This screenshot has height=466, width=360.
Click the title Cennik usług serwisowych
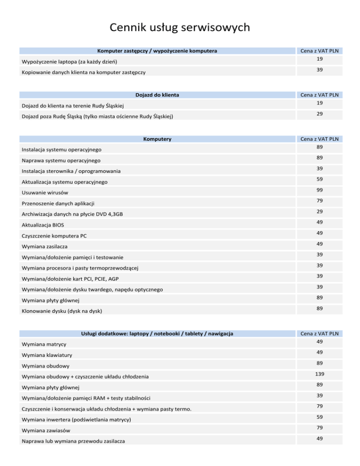[x=180, y=28]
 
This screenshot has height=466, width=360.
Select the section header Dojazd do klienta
[x=157, y=95]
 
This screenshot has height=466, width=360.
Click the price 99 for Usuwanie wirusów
[x=318, y=190]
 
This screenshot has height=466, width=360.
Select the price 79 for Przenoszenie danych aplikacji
[x=318, y=201]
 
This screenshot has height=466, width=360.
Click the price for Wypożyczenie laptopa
[x=318, y=59]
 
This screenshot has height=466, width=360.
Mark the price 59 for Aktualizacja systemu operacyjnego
[x=318, y=179]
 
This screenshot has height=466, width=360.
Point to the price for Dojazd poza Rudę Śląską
[x=318, y=114]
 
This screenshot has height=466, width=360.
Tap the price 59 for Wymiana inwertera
[x=318, y=416]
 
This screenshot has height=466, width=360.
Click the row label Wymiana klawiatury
[x=47, y=355]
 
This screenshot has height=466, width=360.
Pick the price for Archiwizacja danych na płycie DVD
[x=318, y=211]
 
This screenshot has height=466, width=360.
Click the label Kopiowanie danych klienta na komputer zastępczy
[x=83, y=73]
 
